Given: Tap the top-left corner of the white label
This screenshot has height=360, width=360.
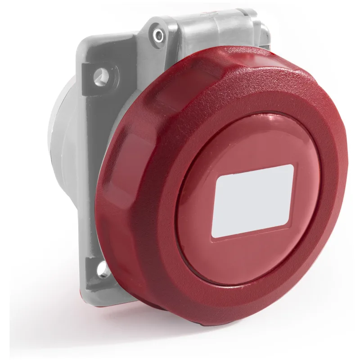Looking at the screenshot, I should pyautogui.click(x=218, y=178).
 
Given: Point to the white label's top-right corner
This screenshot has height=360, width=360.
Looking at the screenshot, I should pyautogui.click(x=293, y=165).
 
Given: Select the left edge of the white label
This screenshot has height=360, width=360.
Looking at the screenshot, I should pyautogui.click(x=215, y=207).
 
